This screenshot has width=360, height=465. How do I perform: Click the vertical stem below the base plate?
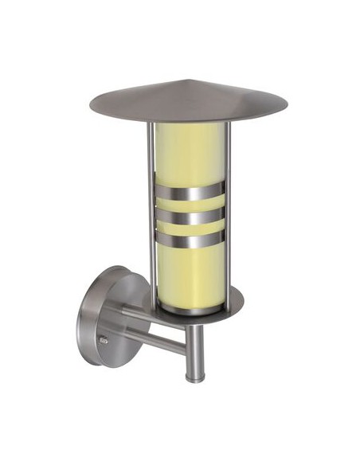[192, 350]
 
